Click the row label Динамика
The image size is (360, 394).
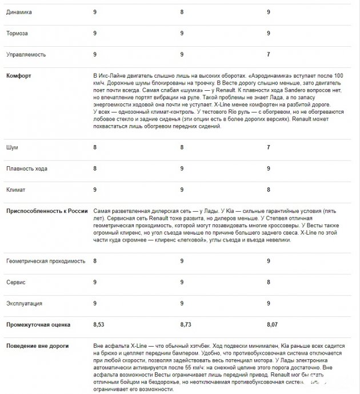(19, 11)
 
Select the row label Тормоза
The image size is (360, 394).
(18, 33)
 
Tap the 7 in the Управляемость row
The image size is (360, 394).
(269, 54)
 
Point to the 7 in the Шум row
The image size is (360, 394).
(269, 147)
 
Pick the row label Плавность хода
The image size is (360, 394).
(26, 169)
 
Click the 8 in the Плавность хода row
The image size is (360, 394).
(95, 169)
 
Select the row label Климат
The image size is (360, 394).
(17, 189)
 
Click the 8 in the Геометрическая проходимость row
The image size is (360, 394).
(95, 261)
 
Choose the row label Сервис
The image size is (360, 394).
(16, 282)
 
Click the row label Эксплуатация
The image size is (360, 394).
(24, 303)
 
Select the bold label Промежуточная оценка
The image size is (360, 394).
(38, 324)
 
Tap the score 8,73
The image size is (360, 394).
(186, 324)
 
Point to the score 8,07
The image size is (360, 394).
(273, 324)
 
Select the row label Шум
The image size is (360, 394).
(12, 147)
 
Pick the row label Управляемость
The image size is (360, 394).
(26, 54)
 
